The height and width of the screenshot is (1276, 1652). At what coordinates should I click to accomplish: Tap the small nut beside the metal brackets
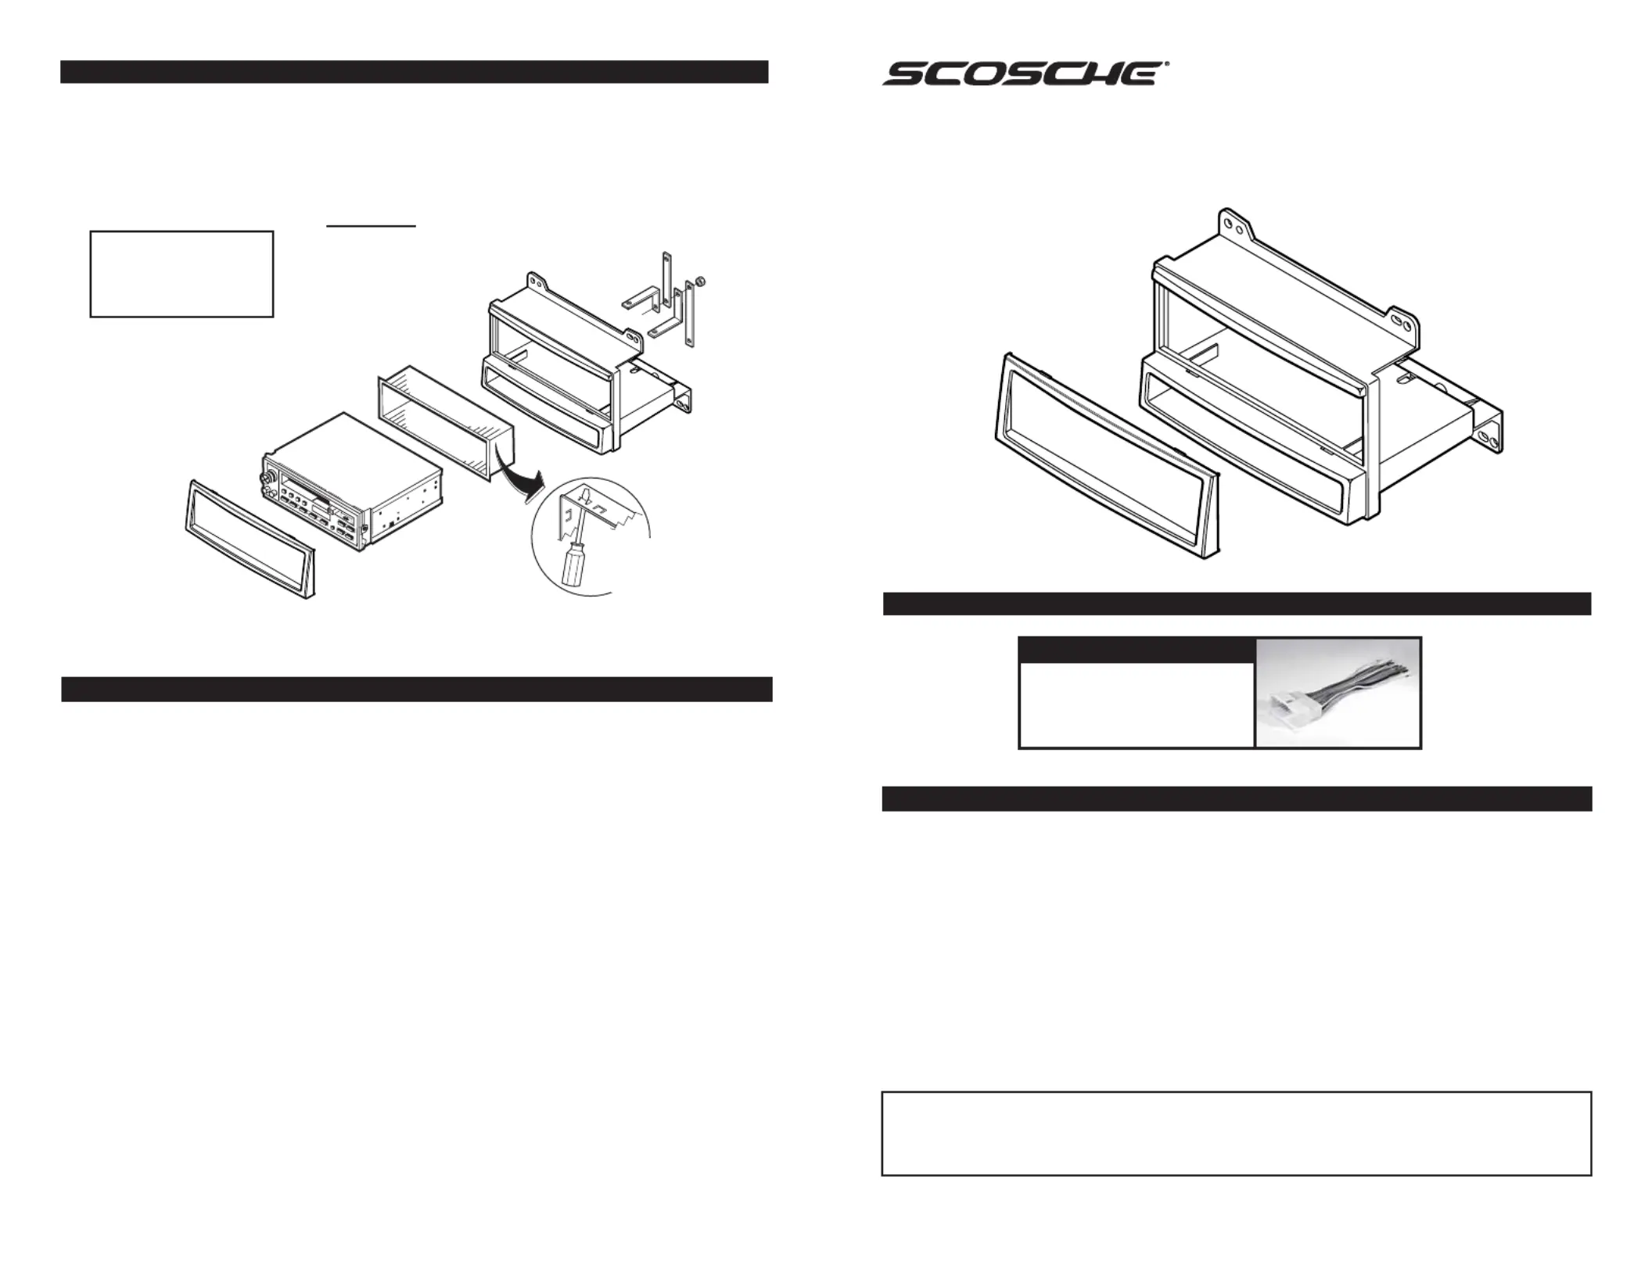pos(701,281)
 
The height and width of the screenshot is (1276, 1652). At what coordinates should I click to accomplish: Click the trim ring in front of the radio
pos(250,539)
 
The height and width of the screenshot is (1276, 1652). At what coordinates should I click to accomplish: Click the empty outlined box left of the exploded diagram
pos(181,274)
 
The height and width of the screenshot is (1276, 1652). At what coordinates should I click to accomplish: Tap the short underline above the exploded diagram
pos(371,226)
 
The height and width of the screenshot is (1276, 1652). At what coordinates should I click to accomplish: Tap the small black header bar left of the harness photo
pos(1137,651)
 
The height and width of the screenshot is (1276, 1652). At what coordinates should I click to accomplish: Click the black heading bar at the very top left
pos(414,72)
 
